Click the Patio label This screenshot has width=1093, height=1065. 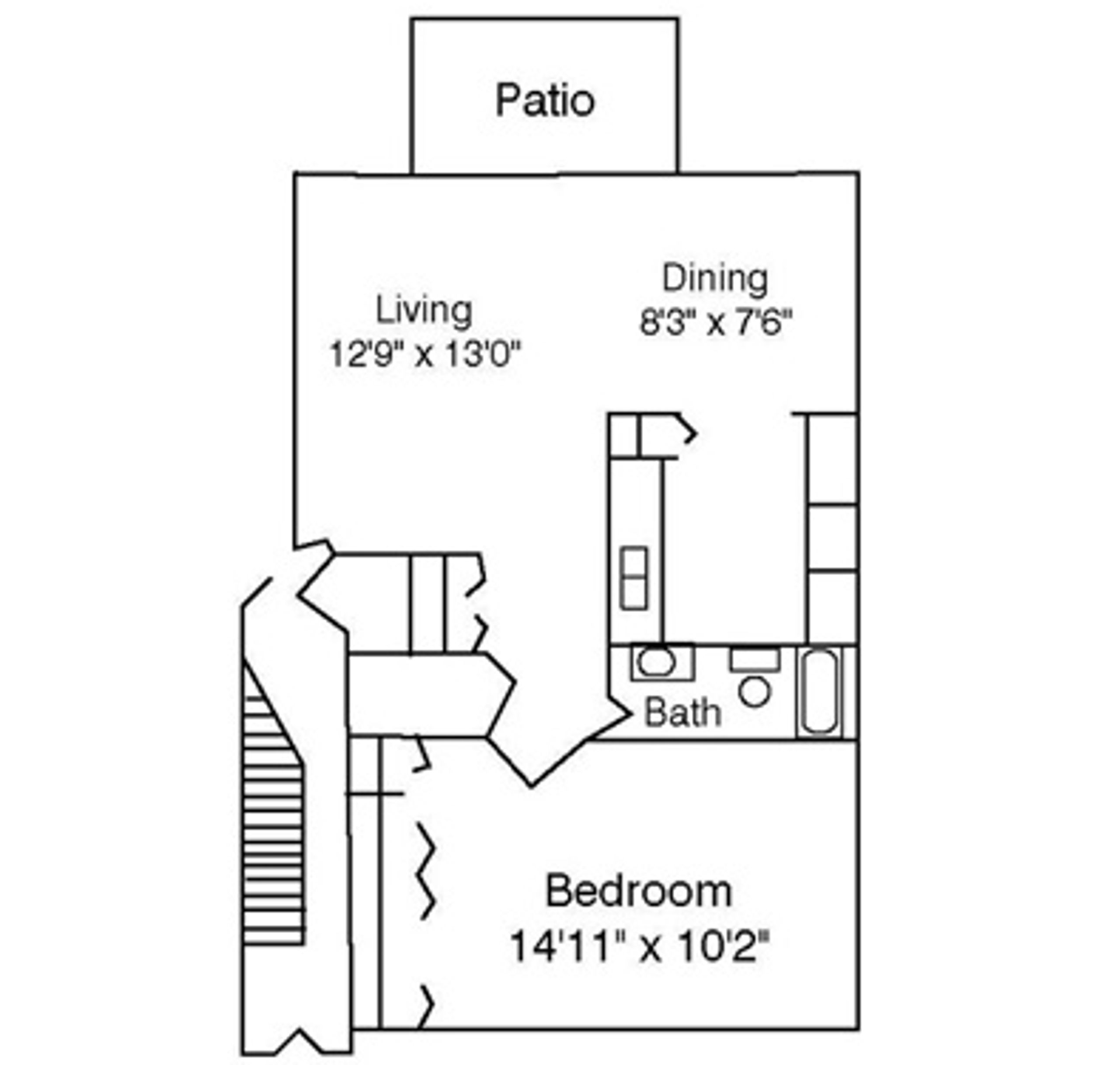coord(545,101)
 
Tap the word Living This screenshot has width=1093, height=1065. coord(424,311)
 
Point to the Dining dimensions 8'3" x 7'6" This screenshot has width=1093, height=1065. coord(716,323)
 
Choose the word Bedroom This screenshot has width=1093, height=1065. coord(638,891)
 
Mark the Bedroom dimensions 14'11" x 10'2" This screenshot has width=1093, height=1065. coord(639,945)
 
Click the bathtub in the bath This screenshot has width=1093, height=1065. coord(820,691)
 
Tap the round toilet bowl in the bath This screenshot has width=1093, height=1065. coord(755,692)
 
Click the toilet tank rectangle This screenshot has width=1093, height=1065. coord(755,660)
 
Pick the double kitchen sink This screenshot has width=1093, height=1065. coord(634,578)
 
